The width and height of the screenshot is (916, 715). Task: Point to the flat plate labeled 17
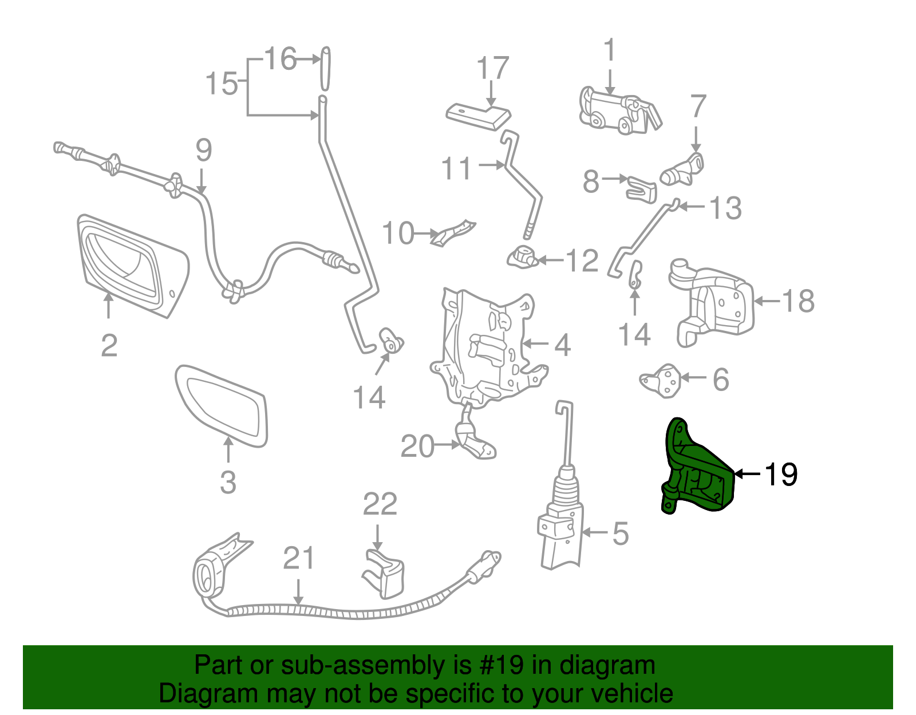(x=478, y=117)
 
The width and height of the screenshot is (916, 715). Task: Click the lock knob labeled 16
(x=325, y=68)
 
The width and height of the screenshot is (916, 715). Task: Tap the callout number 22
(x=380, y=504)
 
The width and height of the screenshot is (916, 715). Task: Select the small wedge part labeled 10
(x=452, y=232)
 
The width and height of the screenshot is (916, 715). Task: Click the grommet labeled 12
(x=521, y=256)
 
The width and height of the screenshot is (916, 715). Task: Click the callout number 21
(x=299, y=558)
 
